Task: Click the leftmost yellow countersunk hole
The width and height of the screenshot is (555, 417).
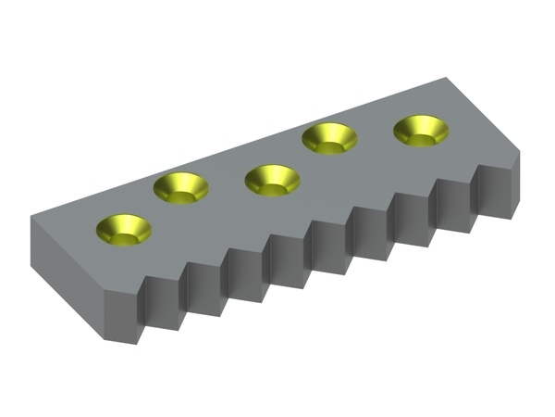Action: point(124,230)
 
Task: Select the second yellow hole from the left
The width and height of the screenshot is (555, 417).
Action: point(180,188)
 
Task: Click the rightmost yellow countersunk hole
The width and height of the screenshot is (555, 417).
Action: point(421,131)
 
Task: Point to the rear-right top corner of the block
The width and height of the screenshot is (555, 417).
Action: point(448,78)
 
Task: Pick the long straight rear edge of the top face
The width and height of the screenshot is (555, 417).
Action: point(240,148)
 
